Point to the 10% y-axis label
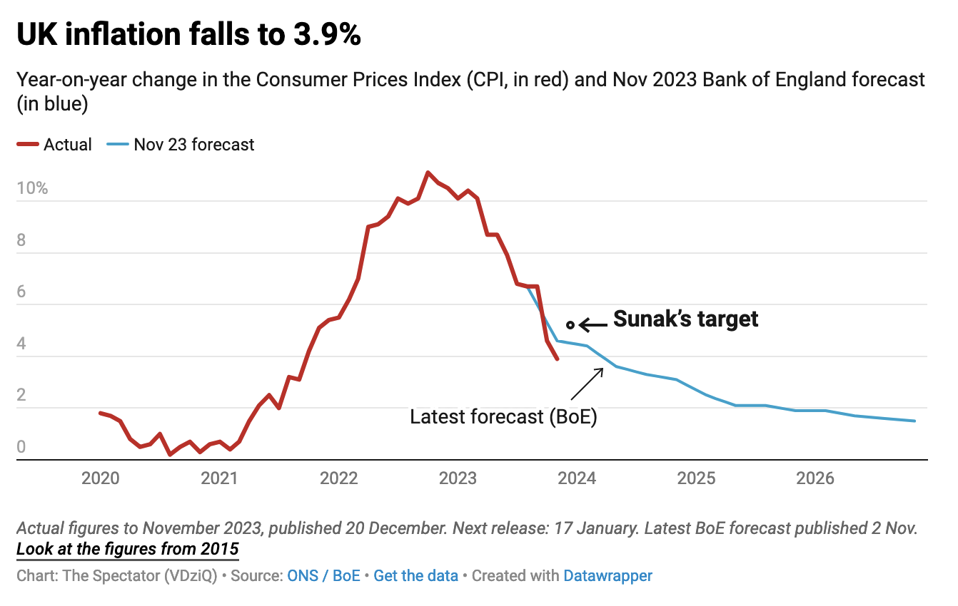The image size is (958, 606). (33, 189)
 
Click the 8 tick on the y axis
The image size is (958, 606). (21, 240)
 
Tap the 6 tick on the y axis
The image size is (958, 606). (21, 292)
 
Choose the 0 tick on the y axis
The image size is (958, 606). (21, 448)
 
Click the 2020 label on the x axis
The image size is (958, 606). (100, 478)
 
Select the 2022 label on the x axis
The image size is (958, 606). (338, 478)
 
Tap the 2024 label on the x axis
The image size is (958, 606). (577, 478)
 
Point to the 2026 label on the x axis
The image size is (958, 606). (815, 478)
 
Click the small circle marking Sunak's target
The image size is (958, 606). (570, 325)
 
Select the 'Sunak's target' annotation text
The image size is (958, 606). (685, 319)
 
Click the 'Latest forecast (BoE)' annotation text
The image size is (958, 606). (503, 417)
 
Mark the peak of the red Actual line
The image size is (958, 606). (428, 173)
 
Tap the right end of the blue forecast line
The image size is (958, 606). (914, 421)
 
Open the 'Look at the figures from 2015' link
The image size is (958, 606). (128, 550)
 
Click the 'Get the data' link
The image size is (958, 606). (415, 575)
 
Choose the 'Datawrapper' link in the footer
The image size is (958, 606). (607, 575)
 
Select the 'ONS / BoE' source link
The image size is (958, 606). (323, 575)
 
